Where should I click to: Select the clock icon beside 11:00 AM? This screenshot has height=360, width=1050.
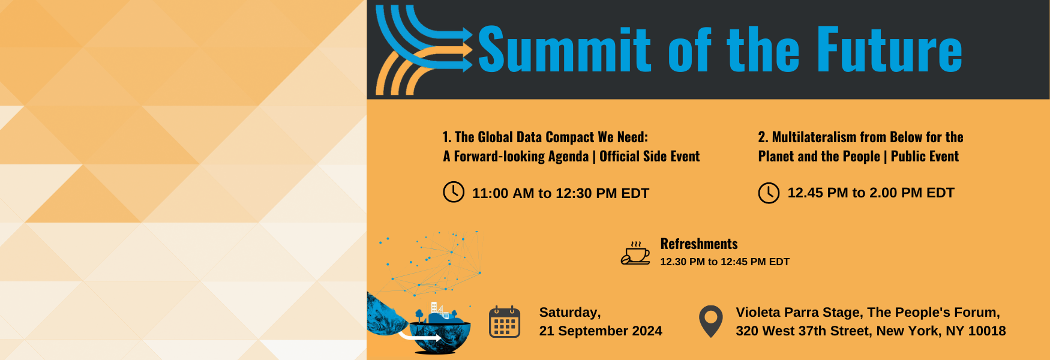click(454, 192)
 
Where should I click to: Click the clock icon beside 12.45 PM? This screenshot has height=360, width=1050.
click(769, 193)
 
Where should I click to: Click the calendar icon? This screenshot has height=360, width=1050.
click(505, 322)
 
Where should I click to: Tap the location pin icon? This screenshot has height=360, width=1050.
click(711, 322)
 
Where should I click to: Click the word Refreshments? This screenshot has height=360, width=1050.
click(699, 244)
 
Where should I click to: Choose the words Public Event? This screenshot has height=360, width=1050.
click(925, 157)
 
